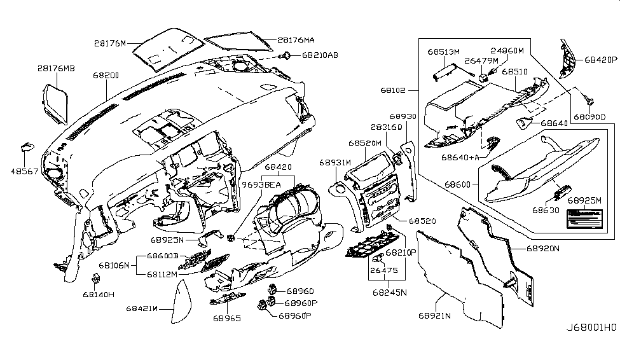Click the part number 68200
[106, 75]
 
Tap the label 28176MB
[56, 67]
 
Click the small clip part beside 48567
[27, 147]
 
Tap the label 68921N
[434, 315]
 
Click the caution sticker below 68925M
[578, 222]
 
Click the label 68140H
[98, 294]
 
